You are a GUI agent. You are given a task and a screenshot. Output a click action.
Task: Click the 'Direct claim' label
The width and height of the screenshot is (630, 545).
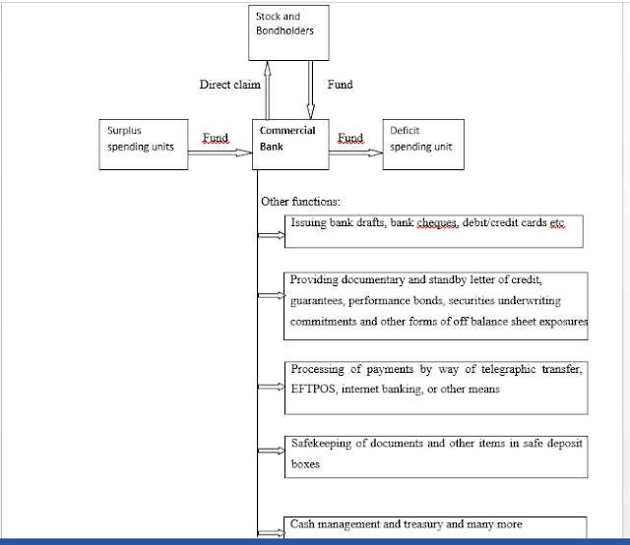click(x=229, y=85)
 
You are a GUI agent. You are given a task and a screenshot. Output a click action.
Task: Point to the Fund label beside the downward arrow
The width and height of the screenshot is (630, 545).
click(x=340, y=85)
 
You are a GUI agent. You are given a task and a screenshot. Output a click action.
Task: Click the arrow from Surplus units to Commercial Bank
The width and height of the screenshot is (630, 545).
click(x=220, y=152)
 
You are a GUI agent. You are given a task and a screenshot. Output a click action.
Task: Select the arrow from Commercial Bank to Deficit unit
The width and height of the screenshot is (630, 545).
click(x=356, y=152)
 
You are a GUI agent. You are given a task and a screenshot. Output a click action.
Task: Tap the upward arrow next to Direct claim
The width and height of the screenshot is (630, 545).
click(x=267, y=90)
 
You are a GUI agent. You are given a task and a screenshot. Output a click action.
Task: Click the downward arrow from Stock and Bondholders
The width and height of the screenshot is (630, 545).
click(x=311, y=90)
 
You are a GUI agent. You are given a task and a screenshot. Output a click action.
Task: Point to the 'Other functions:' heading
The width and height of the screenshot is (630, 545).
click(x=300, y=202)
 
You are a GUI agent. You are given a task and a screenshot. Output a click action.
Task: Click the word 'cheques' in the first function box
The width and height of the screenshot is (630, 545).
click(x=437, y=222)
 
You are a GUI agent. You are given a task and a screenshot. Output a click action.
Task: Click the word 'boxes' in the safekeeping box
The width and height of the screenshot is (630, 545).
click(x=305, y=464)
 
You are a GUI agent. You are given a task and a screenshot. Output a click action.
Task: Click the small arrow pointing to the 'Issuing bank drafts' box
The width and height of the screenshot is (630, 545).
click(x=272, y=235)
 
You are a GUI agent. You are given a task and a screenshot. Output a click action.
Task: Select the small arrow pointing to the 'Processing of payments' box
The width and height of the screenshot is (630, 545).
click(x=272, y=387)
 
